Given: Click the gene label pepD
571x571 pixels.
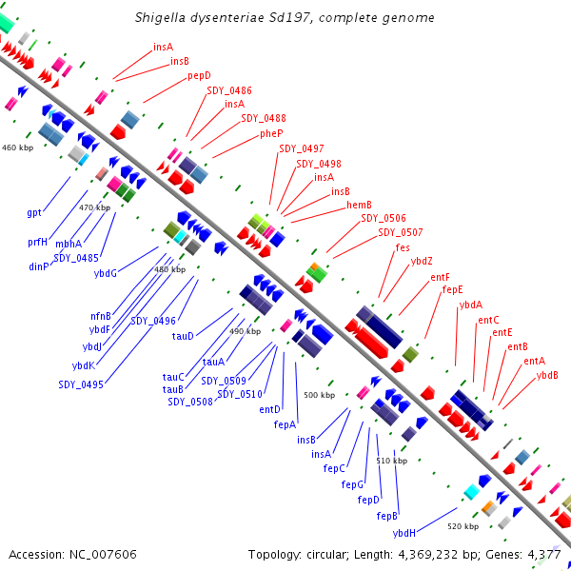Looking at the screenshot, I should pyautogui.click(x=199, y=75).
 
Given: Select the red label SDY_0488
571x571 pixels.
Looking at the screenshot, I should pyautogui.click(x=263, y=118).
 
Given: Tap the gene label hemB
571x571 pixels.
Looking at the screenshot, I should pyautogui.click(x=359, y=205).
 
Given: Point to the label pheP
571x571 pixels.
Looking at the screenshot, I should pyautogui.click(x=271, y=133).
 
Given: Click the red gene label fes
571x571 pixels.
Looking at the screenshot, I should pyautogui.click(x=403, y=247).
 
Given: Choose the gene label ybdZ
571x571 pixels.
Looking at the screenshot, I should pyautogui.click(x=422, y=261).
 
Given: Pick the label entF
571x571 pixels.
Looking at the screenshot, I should pyautogui.click(x=440, y=277).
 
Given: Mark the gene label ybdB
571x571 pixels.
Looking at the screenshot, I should pyautogui.click(x=547, y=375).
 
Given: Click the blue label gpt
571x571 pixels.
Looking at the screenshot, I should pyautogui.click(x=34, y=212).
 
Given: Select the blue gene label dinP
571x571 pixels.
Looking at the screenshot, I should pyautogui.click(x=38, y=266).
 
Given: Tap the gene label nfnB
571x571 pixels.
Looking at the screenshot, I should pyautogui.click(x=101, y=315).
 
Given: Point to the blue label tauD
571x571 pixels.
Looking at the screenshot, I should pyautogui.click(x=183, y=336).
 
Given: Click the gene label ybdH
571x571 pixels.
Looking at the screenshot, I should pyautogui.click(x=404, y=533).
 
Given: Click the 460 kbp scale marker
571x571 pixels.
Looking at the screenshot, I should pyautogui.click(x=16, y=148).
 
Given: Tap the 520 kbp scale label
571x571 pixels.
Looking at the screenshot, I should pyautogui.click(x=463, y=526).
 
